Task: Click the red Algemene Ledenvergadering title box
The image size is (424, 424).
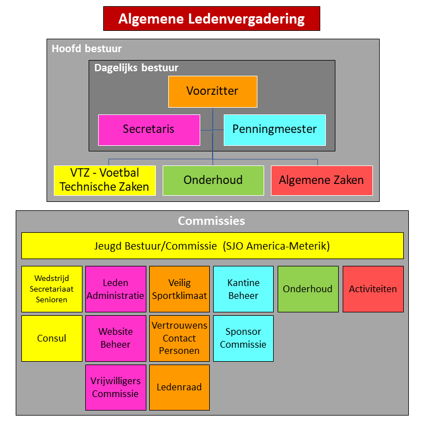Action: tap(211, 19)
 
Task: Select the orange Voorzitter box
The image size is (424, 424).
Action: tap(213, 91)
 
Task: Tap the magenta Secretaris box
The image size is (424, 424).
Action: tap(149, 130)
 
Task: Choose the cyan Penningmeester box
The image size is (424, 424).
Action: tap(274, 130)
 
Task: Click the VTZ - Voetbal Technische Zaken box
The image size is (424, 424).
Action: tap(105, 181)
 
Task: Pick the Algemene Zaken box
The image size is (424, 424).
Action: tap(321, 181)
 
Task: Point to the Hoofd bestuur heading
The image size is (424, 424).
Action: tap(86, 49)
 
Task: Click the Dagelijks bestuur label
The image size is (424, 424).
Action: tap(136, 68)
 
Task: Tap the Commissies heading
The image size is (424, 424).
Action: tap(211, 221)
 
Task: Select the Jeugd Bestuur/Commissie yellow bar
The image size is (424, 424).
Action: tap(212, 246)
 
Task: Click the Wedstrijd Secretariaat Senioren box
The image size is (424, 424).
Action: tap(52, 289)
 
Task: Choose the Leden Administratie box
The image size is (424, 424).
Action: tap(116, 289)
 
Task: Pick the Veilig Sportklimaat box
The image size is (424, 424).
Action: tap(179, 289)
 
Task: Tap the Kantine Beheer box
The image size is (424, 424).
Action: tap(243, 289)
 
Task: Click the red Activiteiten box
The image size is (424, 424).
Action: tap(373, 289)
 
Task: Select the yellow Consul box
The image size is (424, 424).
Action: tap(52, 338)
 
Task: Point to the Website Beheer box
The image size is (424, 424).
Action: tap(116, 338)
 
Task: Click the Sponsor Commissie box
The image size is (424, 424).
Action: tap(243, 338)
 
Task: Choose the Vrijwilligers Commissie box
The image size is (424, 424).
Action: tap(116, 388)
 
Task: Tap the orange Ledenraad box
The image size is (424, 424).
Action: tap(179, 388)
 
